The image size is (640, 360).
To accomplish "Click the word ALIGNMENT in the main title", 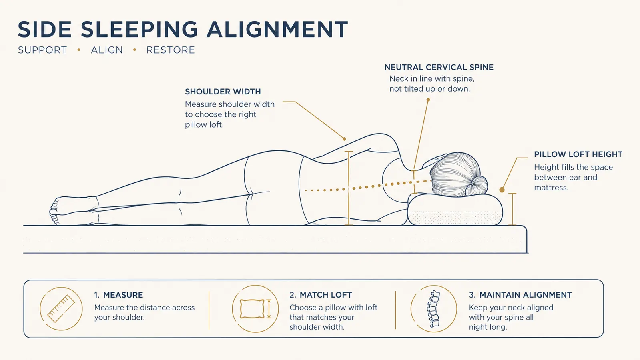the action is (x=277, y=30).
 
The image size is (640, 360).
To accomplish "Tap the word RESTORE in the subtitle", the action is (x=171, y=50).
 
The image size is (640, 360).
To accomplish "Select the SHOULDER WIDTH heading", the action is (x=223, y=92).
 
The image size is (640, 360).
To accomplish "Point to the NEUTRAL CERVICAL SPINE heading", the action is (x=439, y=67).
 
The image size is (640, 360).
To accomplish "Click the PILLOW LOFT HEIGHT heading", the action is (x=578, y=154).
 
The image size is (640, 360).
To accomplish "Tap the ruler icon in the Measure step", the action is (x=61, y=309).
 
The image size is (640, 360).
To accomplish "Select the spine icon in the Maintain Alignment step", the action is (x=434, y=309).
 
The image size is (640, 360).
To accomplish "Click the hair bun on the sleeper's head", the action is (x=477, y=186).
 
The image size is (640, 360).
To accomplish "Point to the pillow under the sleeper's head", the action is (x=455, y=210).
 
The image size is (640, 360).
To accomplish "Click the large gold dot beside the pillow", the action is (x=502, y=190).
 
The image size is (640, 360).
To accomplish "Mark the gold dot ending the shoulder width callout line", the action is (x=344, y=139).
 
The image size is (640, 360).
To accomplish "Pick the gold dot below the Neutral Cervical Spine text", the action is (x=428, y=100).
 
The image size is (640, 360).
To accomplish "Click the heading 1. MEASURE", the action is (x=118, y=295).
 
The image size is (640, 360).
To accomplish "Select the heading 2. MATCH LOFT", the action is (x=321, y=295).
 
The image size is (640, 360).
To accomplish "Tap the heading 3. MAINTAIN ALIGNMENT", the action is (x=520, y=295).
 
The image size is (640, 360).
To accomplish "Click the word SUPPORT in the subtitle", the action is (x=42, y=50).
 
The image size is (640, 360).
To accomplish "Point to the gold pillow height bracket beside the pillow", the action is (x=512, y=209).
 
